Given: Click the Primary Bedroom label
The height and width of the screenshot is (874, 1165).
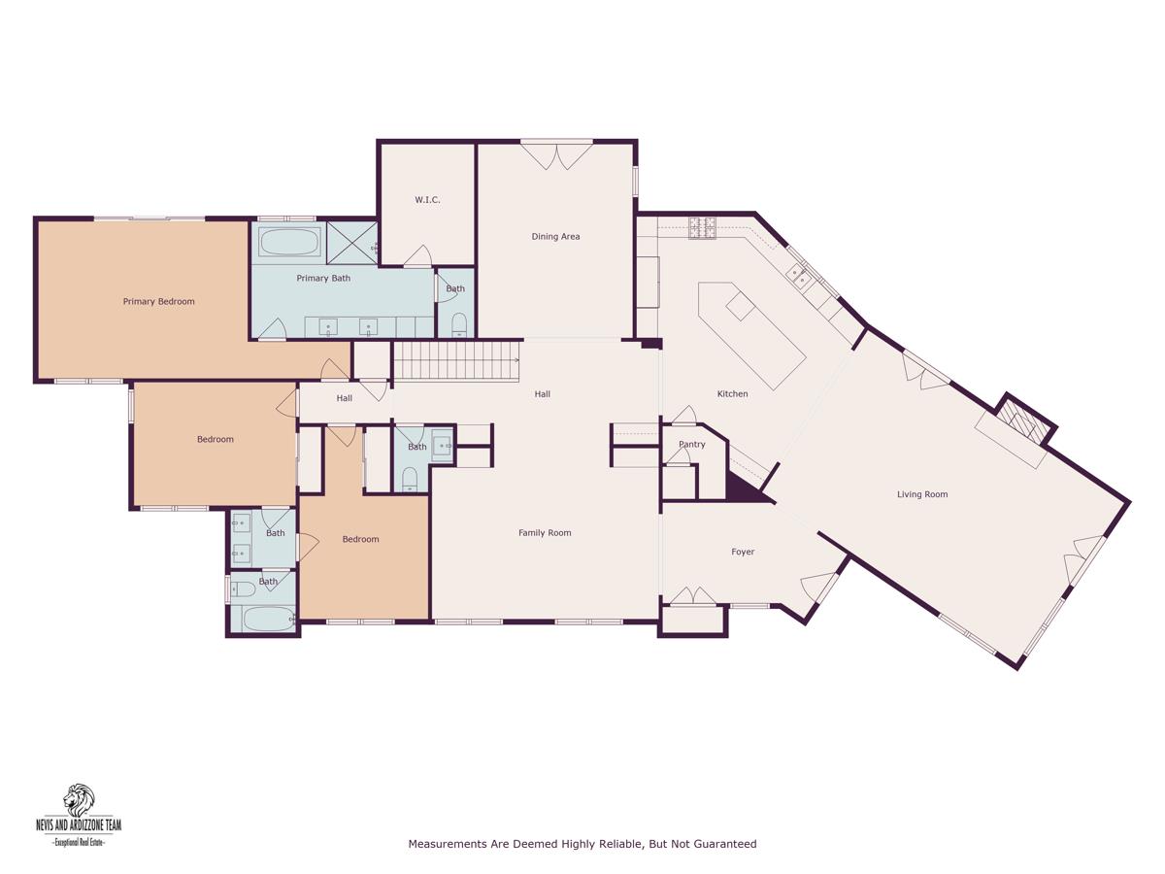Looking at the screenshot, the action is pos(158,301).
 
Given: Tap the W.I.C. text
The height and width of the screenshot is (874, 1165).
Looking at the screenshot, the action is pos(427,200).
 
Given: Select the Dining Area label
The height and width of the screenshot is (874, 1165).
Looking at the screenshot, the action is pos(555,237).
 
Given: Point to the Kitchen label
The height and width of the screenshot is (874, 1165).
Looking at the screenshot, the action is pos(732,393).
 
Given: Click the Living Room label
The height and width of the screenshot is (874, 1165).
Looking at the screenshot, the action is pos(922,494).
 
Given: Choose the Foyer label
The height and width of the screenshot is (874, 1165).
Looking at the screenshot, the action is pos(743,552).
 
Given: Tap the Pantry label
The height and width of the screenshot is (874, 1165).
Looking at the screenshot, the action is pos(692,444).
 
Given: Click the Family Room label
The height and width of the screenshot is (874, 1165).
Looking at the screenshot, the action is pos(545,533).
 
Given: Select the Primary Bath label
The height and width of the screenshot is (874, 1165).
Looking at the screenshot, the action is pos(323,278).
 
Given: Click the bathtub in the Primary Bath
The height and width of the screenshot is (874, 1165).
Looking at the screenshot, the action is pos(289,243).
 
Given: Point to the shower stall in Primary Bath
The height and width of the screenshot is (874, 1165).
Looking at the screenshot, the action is pos(351,242).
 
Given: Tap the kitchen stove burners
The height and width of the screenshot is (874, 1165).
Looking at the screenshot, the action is pos(702,227).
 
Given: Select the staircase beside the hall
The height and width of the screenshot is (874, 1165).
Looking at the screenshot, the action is pos(456,360).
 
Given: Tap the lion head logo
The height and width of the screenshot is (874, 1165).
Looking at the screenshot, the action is pos(79,799).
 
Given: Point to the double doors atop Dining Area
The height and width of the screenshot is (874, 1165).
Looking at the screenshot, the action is pos(556,156).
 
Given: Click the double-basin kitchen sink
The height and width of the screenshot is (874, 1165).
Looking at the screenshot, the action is pos(799,276).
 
